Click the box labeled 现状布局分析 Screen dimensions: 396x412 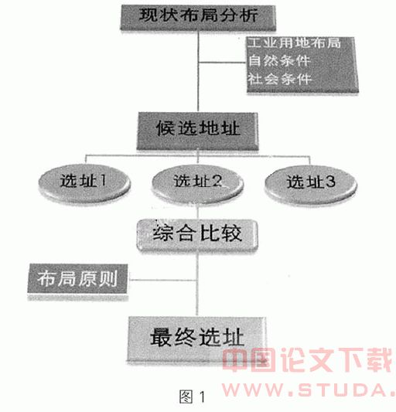[x=198, y=17]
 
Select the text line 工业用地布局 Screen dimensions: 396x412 [x=294, y=43]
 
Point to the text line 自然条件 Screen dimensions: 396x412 [x=279, y=61]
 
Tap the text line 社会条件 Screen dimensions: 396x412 [x=280, y=79]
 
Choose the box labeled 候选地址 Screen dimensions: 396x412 [x=197, y=131]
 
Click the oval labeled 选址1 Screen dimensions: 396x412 [x=84, y=183]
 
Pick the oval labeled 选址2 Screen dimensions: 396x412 [x=198, y=184]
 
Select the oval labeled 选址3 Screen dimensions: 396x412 [x=311, y=185]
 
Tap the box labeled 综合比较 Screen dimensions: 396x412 [x=197, y=235]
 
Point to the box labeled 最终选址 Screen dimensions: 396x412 [x=196, y=339]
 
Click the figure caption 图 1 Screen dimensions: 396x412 [x=193, y=397]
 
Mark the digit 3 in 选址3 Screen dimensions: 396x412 [x=329, y=182]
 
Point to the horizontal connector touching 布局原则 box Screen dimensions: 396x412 [x=162, y=280]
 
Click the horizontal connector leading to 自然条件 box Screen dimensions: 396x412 [x=223, y=63]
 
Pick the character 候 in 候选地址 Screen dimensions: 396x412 [x=166, y=128]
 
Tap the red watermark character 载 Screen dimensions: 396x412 [x=380, y=359]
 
